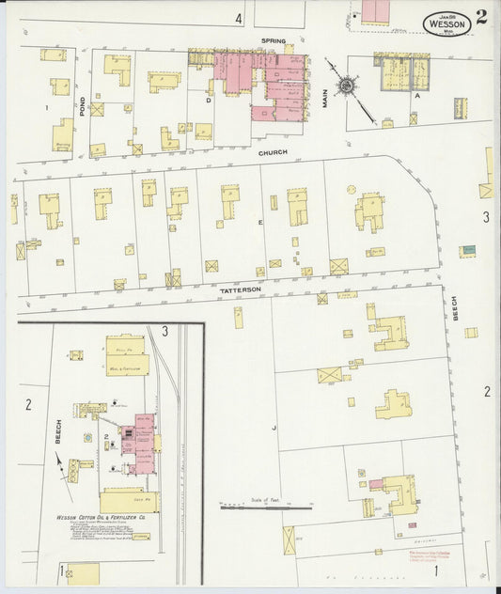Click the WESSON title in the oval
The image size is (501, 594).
click(447, 24)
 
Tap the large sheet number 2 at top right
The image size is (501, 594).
click(481, 16)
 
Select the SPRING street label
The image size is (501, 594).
click(274, 41)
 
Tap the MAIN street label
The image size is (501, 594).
click(326, 98)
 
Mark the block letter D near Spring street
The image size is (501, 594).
click(208, 98)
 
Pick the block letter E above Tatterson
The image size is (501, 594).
click(259, 222)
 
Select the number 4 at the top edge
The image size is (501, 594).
click(239, 18)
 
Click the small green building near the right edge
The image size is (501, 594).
click(467, 250)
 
